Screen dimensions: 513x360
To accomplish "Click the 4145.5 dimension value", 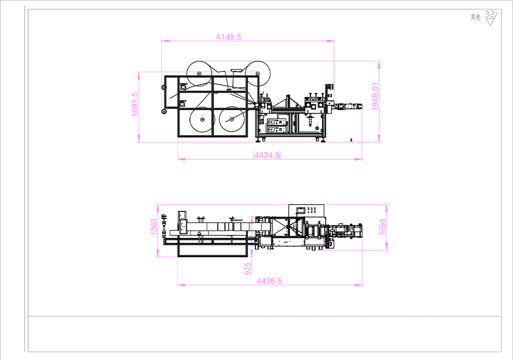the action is (x=228, y=37).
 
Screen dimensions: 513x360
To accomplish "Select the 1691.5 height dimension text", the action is (x=135, y=104).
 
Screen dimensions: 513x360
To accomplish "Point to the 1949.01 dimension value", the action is (x=375, y=97).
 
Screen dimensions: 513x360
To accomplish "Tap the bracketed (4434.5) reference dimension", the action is (x=268, y=155).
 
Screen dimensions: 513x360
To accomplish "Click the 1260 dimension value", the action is (x=154, y=227).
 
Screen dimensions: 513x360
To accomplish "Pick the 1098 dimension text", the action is (x=382, y=227).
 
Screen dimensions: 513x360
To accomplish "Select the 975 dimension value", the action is (x=247, y=269).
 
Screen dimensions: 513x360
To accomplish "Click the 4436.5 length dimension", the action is (x=269, y=281).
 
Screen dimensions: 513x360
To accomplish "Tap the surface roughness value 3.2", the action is (x=490, y=15).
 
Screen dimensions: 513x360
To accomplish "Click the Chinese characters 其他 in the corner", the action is (x=476, y=18).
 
